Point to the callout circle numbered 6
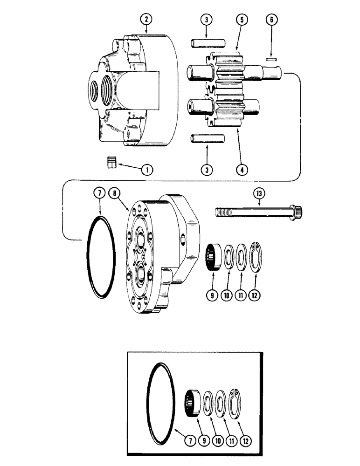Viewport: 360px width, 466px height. click(271, 20)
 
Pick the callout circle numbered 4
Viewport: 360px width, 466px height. click(242, 170)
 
